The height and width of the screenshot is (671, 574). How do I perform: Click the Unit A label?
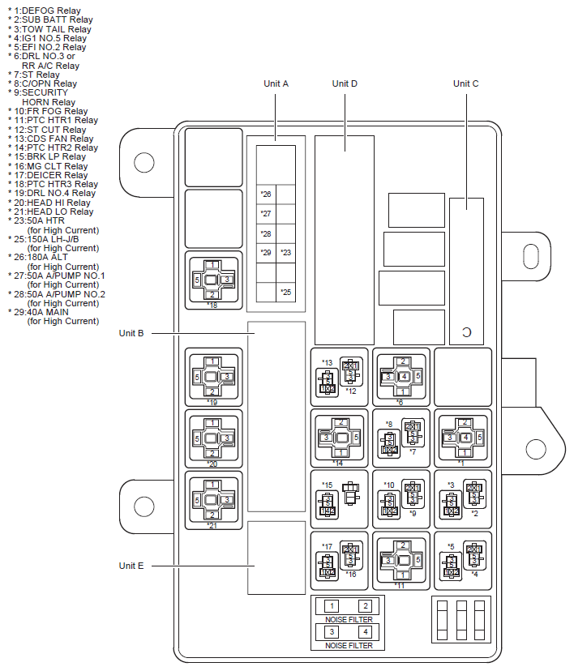click(276, 83)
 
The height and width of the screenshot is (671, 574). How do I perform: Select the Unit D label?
click(345, 83)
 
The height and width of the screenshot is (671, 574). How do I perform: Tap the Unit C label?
click(465, 83)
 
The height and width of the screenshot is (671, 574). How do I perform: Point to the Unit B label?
click(131, 332)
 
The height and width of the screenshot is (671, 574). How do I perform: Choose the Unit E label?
click(131, 566)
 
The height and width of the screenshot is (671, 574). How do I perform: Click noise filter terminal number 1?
click(331, 606)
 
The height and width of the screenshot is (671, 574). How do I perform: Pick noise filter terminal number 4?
click(365, 631)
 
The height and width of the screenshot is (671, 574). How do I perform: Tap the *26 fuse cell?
click(266, 194)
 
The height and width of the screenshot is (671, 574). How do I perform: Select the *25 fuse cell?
click(285, 292)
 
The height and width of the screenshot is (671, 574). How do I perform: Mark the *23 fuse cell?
click(285, 253)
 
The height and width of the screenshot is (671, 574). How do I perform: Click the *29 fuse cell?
click(266, 253)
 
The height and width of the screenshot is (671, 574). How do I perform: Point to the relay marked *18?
click(212, 280)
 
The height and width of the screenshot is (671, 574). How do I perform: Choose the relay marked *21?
click(212, 498)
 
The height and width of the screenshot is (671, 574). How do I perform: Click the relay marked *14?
click(341, 438)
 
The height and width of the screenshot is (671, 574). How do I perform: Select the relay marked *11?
click(403, 560)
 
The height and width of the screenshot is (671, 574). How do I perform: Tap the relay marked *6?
click(403, 376)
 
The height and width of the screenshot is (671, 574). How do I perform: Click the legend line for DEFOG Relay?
click(49, 11)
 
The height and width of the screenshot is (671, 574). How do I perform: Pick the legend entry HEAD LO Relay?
click(52, 212)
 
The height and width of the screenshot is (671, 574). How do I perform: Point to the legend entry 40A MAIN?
click(49, 312)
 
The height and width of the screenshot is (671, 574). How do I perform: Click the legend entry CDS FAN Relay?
click(52, 139)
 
